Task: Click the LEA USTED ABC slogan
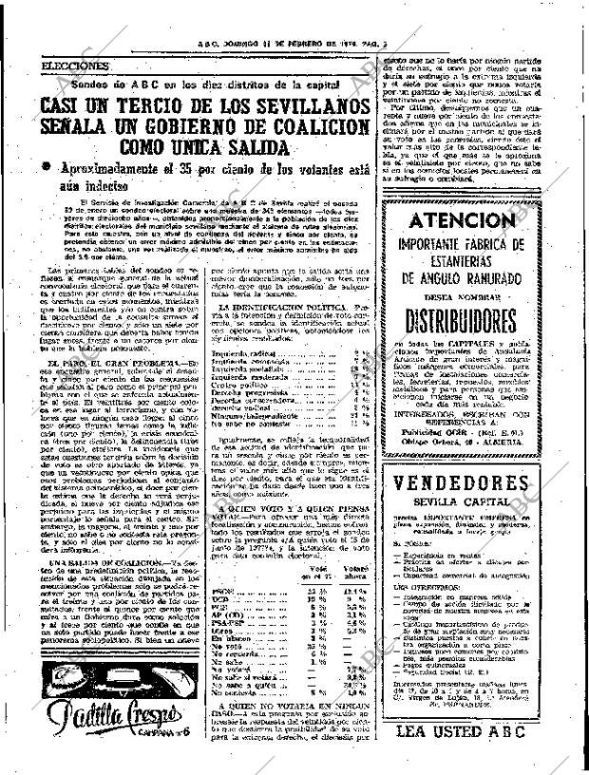coord(484,757)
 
